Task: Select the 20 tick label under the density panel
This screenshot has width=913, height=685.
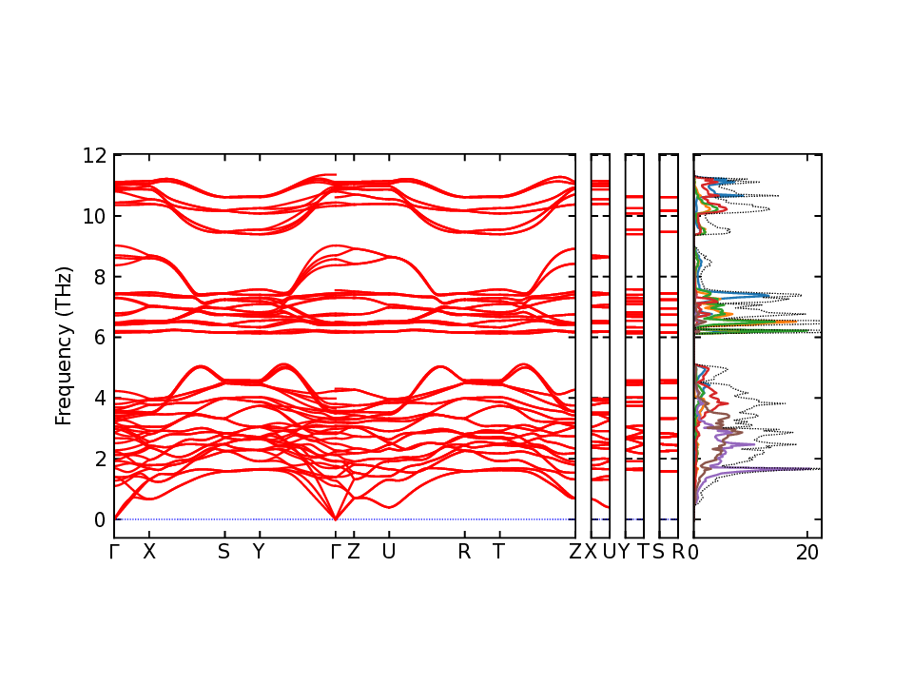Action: [x=807, y=552]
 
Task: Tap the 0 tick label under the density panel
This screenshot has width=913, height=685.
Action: [x=694, y=552]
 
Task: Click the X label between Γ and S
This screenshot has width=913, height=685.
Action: [x=148, y=552]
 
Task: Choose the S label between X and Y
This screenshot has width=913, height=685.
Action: [x=223, y=552]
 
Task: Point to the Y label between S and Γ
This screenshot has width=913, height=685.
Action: [x=258, y=552]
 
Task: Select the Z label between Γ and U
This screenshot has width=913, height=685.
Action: [x=353, y=552]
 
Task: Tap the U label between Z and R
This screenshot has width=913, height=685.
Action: [x=388, y=552]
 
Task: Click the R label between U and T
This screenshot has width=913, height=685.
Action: [x=464, y=552]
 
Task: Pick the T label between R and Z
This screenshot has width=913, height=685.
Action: [x=498, y=552]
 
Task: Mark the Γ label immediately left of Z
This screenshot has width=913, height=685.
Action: [x=335, y=552]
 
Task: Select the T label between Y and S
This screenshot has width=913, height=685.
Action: [x=642, y=552]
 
